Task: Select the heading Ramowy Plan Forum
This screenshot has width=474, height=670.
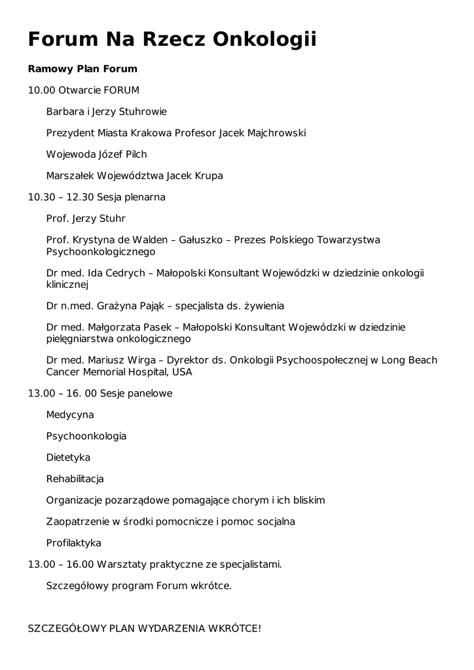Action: (82, 69)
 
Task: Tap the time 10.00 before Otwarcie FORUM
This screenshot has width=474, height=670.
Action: (41, 90)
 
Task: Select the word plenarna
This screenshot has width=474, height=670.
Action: (144, 197)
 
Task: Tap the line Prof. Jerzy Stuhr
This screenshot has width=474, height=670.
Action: (86, 219)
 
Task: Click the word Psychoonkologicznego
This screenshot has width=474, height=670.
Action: (101, 251)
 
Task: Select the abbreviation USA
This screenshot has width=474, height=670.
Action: (183, 372)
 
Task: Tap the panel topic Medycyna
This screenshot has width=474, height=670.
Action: (70, 415)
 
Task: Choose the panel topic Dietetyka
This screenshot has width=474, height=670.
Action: (68, 457)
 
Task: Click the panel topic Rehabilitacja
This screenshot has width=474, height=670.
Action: (75, 479)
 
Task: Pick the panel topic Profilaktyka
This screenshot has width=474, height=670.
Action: (74, 543)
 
